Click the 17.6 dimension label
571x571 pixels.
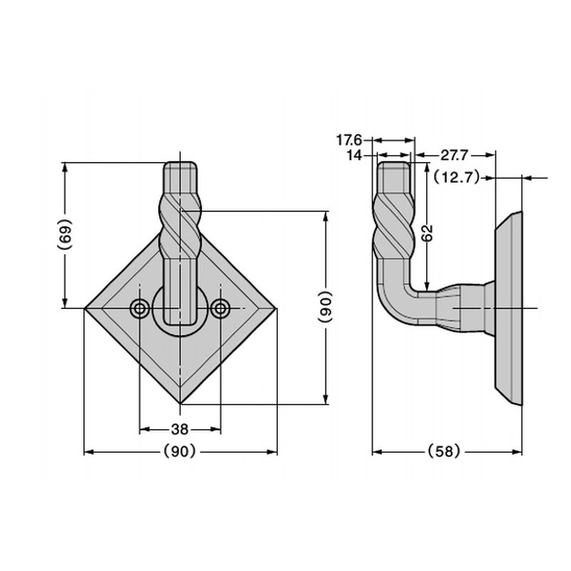click(x=349, y=139)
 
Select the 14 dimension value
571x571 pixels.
click(x=354, y=156)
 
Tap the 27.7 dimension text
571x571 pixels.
click(x=454, y=156)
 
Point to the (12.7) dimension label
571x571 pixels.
click(x=457, y=178)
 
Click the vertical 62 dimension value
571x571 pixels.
click(x=428, y=233)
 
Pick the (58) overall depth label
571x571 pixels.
click(x=444, y=452)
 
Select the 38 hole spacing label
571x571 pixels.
click(x=180, y=430)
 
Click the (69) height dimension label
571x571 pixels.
click(x=65, y=234)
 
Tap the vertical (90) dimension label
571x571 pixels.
click(x=325, y=307)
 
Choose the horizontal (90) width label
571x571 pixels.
click(x=180, y=452)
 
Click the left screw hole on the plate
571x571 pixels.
click(x=139, y=309)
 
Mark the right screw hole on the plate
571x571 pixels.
click(x=221, y=309)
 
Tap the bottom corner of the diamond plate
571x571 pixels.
click(x=181, y=404)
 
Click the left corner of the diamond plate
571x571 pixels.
click(x=84, y=309)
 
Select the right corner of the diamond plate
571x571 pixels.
click(x=277, y=309)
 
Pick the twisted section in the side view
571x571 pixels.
click(x=393, y=226)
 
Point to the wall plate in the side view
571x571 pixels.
click(x=508, y=308)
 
